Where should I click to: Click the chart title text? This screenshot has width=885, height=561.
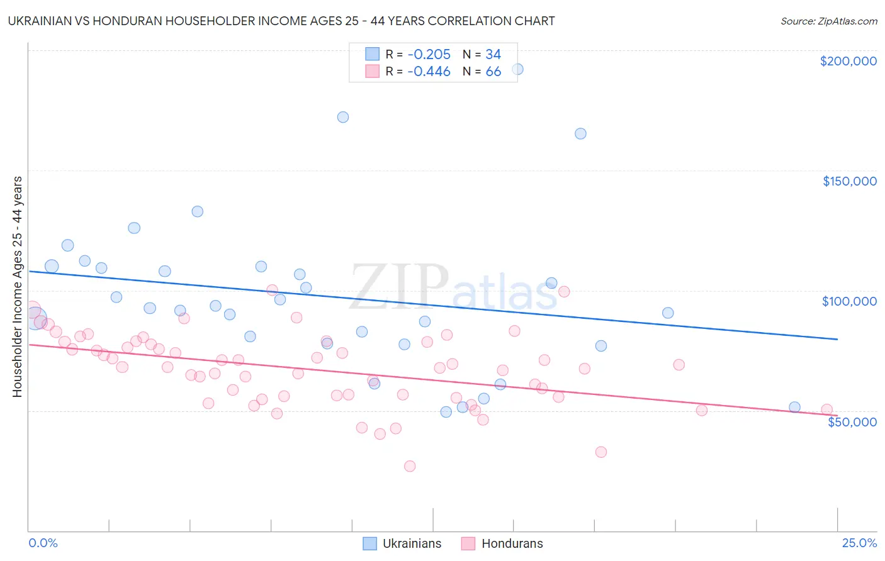pyautogui.click(x=281, y=21)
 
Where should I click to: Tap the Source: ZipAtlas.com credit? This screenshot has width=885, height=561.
pyautogui.click(x=828, y=21)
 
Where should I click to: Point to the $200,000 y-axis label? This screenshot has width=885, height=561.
pyautogui.click(x=848, y=61)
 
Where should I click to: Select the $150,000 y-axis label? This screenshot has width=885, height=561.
pyautogui.click(x=849, y=181)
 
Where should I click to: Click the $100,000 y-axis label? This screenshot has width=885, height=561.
pyautogui.click(x=849, y=301)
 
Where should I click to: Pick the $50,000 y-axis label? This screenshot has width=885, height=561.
pyautogui.click(x=852, y=421)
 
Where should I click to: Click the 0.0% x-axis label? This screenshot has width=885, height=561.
pyautogui.click(x=43, y=543)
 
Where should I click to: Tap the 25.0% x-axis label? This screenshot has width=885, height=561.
pyautogui.click(x=859, y=543)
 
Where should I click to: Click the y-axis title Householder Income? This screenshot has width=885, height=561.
pyautogui.click(x=17, y=286)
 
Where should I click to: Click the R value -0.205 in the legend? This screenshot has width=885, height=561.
pyautogui.click(x=429, y=55)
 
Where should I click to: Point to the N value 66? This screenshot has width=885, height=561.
pyautogui.click(x=493, y=72)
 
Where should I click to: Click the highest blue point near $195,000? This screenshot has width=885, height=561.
pyautogui.click(x=517, y=69)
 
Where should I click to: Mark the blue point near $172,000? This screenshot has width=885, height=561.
pyautogui.click(x=343, y=117)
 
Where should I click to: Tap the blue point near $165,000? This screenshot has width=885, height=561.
pyautogui.click(x=580, y=133)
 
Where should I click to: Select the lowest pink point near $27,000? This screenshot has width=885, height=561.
pyautogui.click(x=410, y=466)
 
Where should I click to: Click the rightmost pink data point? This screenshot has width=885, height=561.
pyautogui.click(x=827, y=409)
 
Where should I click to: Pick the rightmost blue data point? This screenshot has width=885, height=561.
pyautogui.click(x=794, y=407)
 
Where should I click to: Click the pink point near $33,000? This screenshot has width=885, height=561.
pyautogui.click(x=601, y=452)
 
